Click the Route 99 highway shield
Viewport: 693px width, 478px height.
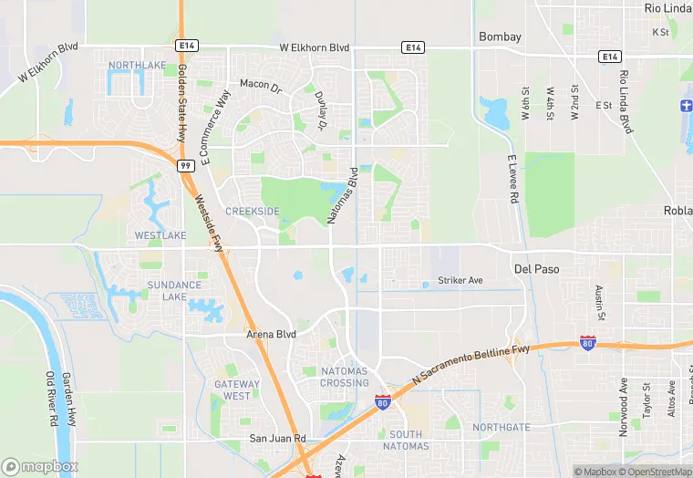185,165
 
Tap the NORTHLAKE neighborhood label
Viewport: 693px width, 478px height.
137,65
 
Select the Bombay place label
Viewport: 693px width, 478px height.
501,37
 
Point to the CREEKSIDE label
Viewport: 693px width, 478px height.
253,211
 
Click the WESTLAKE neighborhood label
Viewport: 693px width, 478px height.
160,235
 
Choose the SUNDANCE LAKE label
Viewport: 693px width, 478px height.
174,291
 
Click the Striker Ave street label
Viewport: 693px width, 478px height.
460,280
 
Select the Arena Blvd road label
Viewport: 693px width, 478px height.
272,335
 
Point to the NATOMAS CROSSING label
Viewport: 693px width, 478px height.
345,377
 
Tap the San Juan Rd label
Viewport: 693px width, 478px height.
277,439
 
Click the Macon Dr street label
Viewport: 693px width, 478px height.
261,84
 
